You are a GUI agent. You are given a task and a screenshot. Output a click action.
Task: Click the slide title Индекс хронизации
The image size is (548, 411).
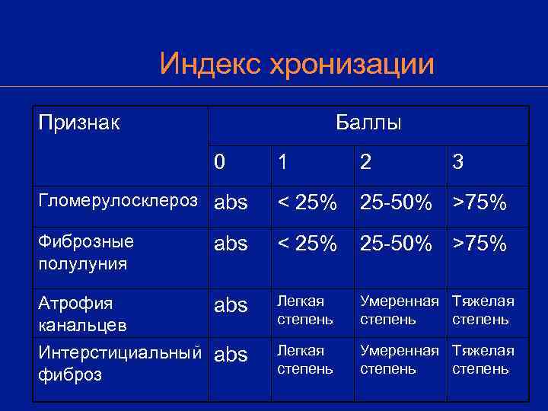click(x=297, y=64)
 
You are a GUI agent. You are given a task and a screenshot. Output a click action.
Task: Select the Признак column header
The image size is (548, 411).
click(x=80, y=122)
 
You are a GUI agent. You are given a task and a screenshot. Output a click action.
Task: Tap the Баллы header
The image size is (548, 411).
click(x=368, y=123)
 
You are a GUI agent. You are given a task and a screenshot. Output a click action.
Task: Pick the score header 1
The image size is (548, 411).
click(x=282, y=162)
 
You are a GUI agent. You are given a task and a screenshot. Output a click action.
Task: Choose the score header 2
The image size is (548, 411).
click(x=366, y=162)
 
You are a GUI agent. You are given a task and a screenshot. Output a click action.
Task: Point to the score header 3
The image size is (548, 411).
click(x=458, y=162)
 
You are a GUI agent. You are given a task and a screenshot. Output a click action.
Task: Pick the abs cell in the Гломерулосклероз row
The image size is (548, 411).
click(x=231, y=203)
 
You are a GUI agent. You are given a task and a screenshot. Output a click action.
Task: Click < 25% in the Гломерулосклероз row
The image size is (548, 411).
click(x=307, y=203)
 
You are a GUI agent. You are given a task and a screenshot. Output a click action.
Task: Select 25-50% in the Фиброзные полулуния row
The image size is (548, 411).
click(x=396, y=244)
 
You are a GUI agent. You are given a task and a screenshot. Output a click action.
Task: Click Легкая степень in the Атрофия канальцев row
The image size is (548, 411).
click(x=305, y=310)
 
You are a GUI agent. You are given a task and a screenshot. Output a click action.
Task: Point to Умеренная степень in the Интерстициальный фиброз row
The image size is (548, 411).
click(x=399, y=359)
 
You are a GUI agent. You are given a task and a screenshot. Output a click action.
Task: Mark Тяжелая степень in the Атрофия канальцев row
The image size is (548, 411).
click(x=483, y=310)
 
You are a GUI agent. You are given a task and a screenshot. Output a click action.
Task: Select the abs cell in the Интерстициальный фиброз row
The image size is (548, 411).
click(x=231, y=355)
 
